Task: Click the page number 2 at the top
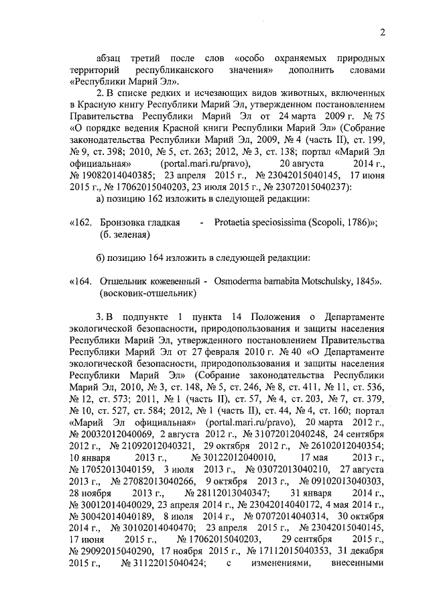(x=383, y=32)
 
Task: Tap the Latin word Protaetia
(x=234, y=223)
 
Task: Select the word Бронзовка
(x=122, y=223)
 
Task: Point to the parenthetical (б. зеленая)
(x=125, y=235)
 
